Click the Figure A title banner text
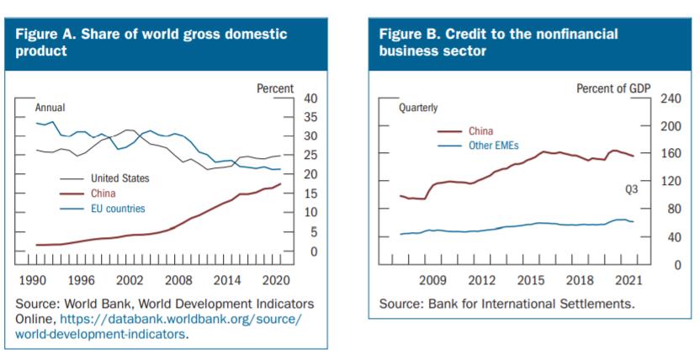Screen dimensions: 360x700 click(x=151, y=42)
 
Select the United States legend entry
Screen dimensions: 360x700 click(x=119, y=178)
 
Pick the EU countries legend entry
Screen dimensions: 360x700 click(x=118, y=209)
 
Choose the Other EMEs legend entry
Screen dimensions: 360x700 click(x=494, y=145)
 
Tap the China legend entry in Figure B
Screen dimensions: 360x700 click(x=480, y=130)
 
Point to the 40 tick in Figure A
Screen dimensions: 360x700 click(x=310, y=98)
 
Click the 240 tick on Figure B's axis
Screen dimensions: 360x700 click(x=671, y=98)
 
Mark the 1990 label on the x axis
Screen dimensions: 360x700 click(x=32, y=278)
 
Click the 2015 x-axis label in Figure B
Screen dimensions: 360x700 click(x=530, y=279)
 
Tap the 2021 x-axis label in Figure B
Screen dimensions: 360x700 click(x=628, y=279)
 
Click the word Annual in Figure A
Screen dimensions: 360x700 click(x=50, y=108)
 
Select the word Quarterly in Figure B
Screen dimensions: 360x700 click(x=418, y=108)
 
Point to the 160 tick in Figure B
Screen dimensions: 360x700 click(x=671, y=154)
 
